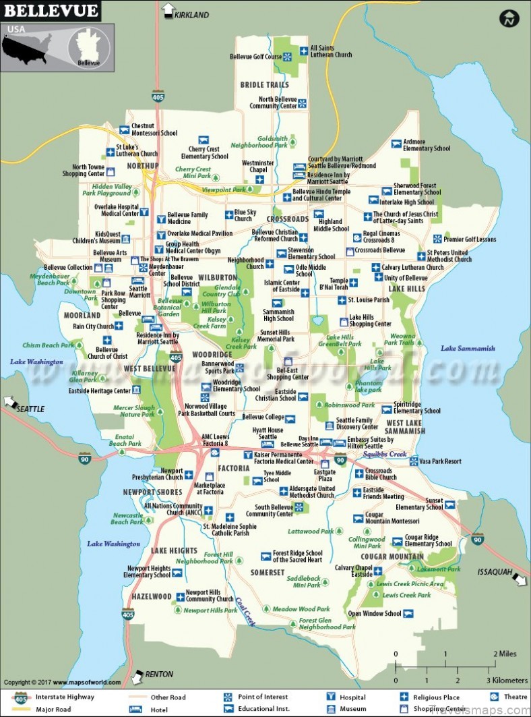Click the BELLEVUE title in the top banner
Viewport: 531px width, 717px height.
[51, 11]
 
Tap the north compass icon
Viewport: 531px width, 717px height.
[509, 18]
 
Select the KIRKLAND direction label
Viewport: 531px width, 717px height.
[191, 15]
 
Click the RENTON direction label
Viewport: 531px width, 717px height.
[159, 674]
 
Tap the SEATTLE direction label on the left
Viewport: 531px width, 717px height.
[30, 409]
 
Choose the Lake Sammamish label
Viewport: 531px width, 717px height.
[468, 349]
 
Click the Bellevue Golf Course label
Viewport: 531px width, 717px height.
[255, 57]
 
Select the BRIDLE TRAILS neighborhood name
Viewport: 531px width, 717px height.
[265, 85]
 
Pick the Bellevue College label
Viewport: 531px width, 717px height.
[263, 418]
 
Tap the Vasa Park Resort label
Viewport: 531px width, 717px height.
[440, 461]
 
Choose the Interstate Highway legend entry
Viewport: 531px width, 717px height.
[65, 697]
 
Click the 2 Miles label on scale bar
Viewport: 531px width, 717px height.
[505, 654]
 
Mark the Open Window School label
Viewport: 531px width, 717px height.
[374, 614]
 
